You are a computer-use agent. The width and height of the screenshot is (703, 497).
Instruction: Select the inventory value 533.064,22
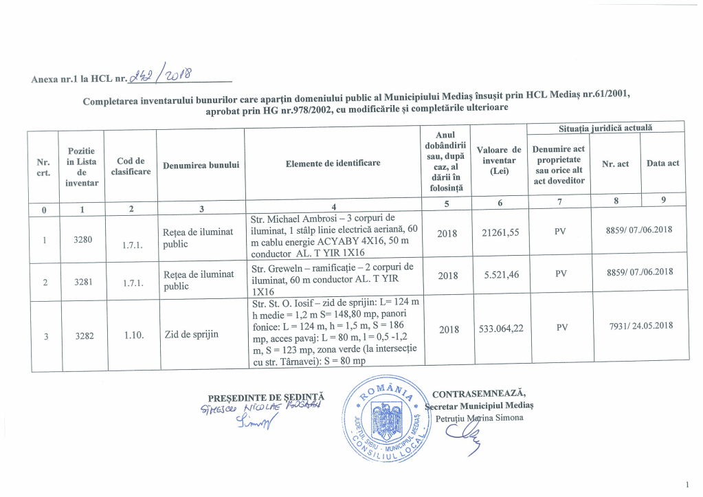click(x=501, y=329)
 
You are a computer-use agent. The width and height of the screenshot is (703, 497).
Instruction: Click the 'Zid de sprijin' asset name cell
click(x=191, y=335)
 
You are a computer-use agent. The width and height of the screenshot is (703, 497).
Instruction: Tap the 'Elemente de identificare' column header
click(x=333, y=163)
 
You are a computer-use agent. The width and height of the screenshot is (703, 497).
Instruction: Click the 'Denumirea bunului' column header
click(x=200, y=165)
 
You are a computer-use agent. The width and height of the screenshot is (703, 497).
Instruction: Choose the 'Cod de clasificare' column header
click(x=131, y=166)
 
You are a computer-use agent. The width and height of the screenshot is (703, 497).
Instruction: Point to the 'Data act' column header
click(x=662, y=163)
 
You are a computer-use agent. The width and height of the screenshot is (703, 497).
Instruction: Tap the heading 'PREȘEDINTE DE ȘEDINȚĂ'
click(x=266, y=397)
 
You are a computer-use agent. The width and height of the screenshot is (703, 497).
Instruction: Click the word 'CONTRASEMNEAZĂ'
click(x=479, y=394)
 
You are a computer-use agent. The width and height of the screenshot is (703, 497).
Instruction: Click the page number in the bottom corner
click(x=687, y=485)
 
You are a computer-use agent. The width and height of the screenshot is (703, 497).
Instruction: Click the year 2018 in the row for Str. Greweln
click(x=448, y=275)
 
